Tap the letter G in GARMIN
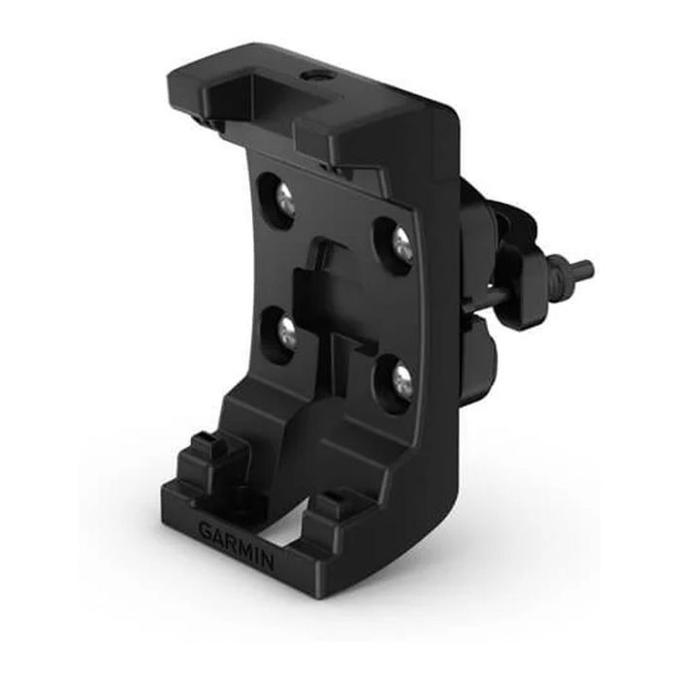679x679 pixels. (205, 530)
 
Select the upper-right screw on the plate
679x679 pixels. (401, 243)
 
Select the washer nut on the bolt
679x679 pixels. (558, 276)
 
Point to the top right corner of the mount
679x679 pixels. (450, 120)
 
